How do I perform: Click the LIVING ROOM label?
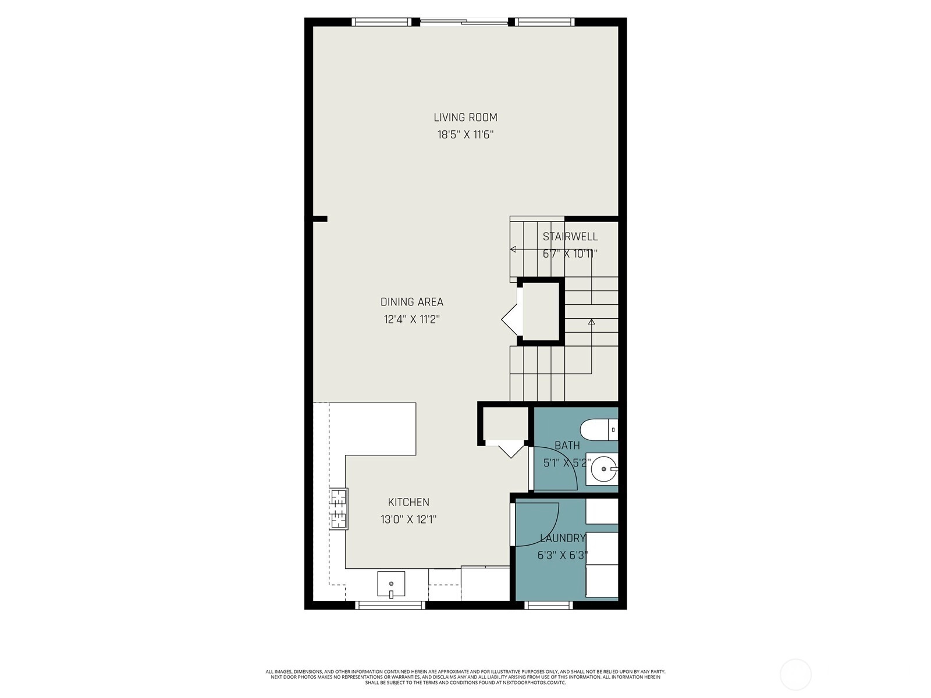tap(465, 117)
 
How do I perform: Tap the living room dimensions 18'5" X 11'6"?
tap(465, 135)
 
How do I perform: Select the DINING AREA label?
tap(411, 302)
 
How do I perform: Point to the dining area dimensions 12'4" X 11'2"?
tap(411, 319)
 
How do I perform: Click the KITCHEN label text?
tap(408, 502)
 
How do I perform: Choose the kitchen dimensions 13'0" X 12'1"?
tap(408, 519)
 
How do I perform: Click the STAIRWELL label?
tap(570, 237)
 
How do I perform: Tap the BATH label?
tap(567, 446)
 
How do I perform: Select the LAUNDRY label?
tap(563, 538)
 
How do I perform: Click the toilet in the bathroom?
tap(599, 430)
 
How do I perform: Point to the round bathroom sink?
tap(604, 469)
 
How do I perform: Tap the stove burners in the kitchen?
tap(339, 509)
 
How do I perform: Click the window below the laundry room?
tap(549, 606)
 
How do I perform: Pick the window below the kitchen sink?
tap(390, 606)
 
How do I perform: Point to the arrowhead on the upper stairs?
tap(513, 249)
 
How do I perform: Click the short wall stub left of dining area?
tap(320, 219)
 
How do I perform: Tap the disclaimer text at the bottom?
tap(465, 677)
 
